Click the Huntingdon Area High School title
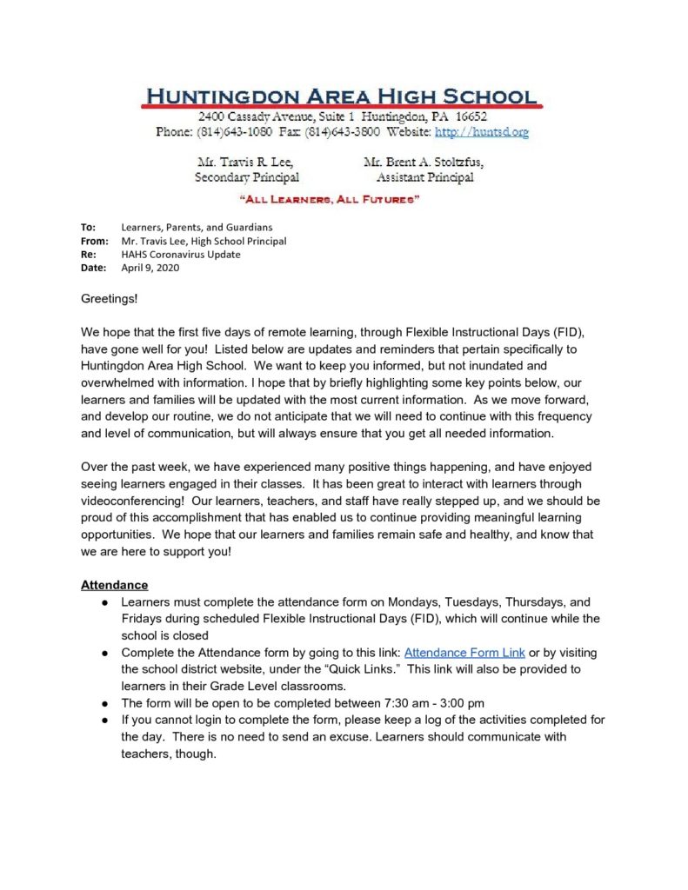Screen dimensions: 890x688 [x=342, y=96]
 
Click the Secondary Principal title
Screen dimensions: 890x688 [x=247, y=177]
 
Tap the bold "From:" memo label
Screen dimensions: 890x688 [x=94, y=241]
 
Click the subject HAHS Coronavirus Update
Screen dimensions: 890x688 [x=181, y=255]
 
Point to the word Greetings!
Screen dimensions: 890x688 [x=110, y=298]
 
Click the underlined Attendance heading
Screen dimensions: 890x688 [x=114, y=585]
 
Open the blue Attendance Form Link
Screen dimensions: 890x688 [x=464, y=653]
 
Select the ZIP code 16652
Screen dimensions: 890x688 [x=468, y=116]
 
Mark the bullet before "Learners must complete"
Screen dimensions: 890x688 [x=104, y=602]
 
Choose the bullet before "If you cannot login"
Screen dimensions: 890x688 [x=104, y=721]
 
